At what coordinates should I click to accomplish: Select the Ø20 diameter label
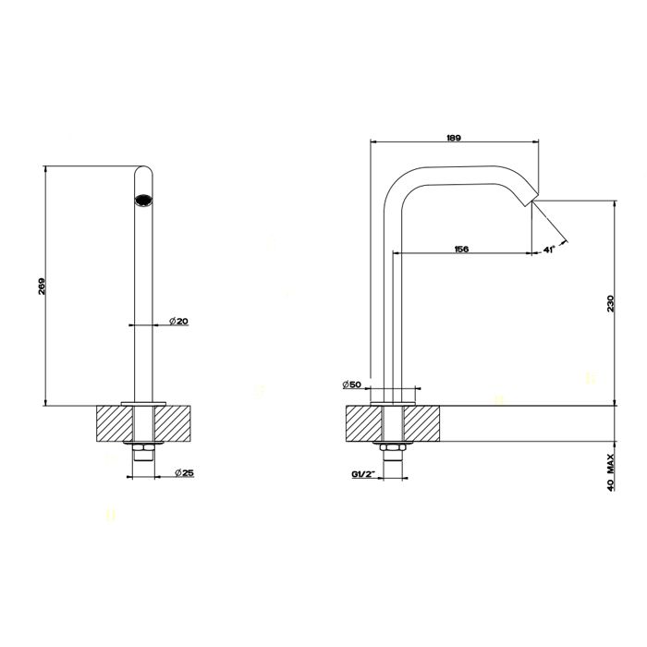[179, 320]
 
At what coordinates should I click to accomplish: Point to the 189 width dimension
[453, 137]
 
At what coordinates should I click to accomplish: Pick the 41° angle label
[549, 249]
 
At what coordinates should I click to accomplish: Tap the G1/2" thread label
[362, 474]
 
